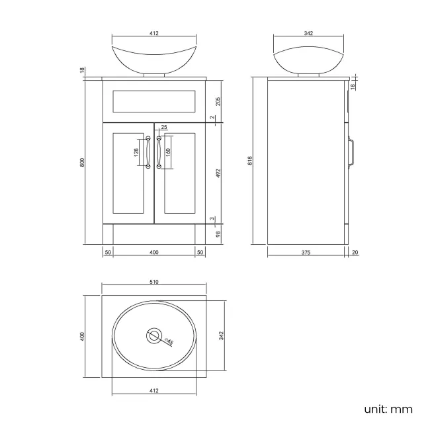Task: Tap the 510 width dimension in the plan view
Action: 153,282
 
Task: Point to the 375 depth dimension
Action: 306,252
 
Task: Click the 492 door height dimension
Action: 218,173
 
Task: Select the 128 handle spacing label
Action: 136,152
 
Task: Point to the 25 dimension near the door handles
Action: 164,127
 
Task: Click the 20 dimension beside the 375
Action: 355,252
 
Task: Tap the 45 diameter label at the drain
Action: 169,341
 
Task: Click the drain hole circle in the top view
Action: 154,336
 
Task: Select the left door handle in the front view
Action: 148,152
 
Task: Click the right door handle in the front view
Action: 159,152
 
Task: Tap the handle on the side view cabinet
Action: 354,152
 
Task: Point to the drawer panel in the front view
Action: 153,101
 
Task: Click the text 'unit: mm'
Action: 388,409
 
